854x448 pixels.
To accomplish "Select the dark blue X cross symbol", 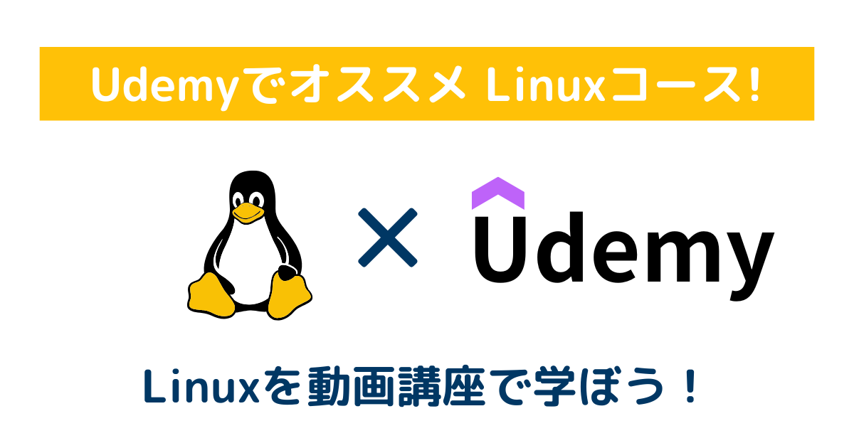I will coord(387,238).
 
